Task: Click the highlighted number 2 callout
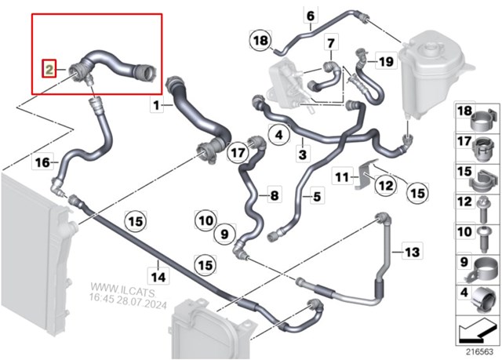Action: pos(49,68)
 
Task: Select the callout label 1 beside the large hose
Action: pos(156,105)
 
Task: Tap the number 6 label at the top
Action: pos(311,16)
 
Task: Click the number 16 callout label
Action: pos(42,162)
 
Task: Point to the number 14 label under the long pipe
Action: pos(158,277)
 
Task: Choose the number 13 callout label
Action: pos(412,253)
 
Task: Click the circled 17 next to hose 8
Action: pos(238,152)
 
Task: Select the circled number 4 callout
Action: pos(279,135)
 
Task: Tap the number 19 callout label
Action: pos(386,60)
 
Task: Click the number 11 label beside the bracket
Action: pos(342,176)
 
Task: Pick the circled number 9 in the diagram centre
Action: pos(225,234)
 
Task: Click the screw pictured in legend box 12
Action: pos(482,210)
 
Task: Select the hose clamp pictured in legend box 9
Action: pos(482,271)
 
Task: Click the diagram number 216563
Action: pos(479,351)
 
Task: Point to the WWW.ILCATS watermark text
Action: pos(124,287)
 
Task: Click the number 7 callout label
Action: pos(331,42)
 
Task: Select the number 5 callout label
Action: pos(317,196)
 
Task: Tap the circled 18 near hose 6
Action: pos(260,41)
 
